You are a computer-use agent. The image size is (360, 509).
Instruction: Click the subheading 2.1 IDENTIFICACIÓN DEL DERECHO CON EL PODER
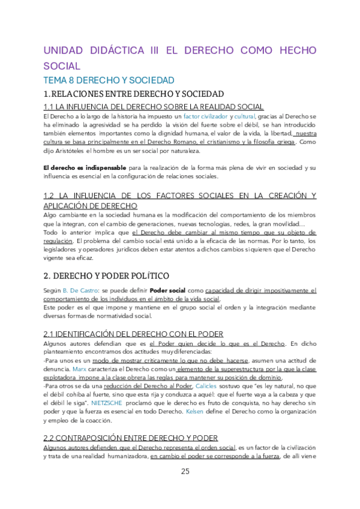134,334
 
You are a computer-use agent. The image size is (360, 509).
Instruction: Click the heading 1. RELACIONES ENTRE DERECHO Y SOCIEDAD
134,94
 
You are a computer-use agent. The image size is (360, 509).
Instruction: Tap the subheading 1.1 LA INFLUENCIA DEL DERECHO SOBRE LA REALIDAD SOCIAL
137,106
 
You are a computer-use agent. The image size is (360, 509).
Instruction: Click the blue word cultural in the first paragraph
244,115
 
